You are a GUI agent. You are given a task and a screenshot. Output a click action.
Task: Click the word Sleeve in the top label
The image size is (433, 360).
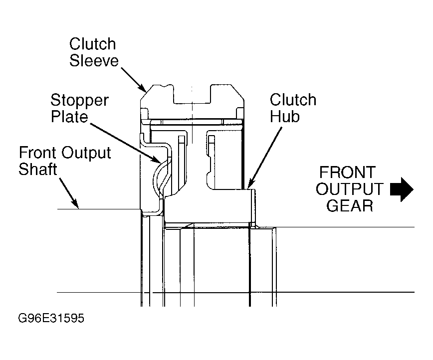(94, 60)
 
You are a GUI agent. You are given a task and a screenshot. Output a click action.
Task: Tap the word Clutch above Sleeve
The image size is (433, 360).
(92, 44)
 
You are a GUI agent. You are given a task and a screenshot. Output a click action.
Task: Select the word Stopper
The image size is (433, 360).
(79, 101)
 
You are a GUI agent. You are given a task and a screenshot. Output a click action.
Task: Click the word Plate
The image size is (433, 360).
(70, 116)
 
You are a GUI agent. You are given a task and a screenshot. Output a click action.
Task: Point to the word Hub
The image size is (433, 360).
(285, 116)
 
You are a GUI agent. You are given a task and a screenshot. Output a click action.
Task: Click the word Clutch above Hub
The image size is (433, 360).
(293, 100)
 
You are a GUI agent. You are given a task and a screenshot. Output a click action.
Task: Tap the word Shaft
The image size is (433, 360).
(38, 169)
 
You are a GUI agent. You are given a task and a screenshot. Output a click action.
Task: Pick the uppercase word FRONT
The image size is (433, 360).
(347, 172)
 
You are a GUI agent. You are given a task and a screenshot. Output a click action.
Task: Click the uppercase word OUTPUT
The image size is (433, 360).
(350, 189)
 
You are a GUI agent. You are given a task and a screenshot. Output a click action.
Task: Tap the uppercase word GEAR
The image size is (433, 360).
(350, 205)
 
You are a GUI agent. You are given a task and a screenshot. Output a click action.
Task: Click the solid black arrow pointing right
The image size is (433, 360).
(402, 189)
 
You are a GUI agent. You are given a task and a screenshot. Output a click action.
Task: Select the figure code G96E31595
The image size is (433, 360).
(51, 318)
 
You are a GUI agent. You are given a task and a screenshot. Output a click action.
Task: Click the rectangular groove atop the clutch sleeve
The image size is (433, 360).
(192, 94)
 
